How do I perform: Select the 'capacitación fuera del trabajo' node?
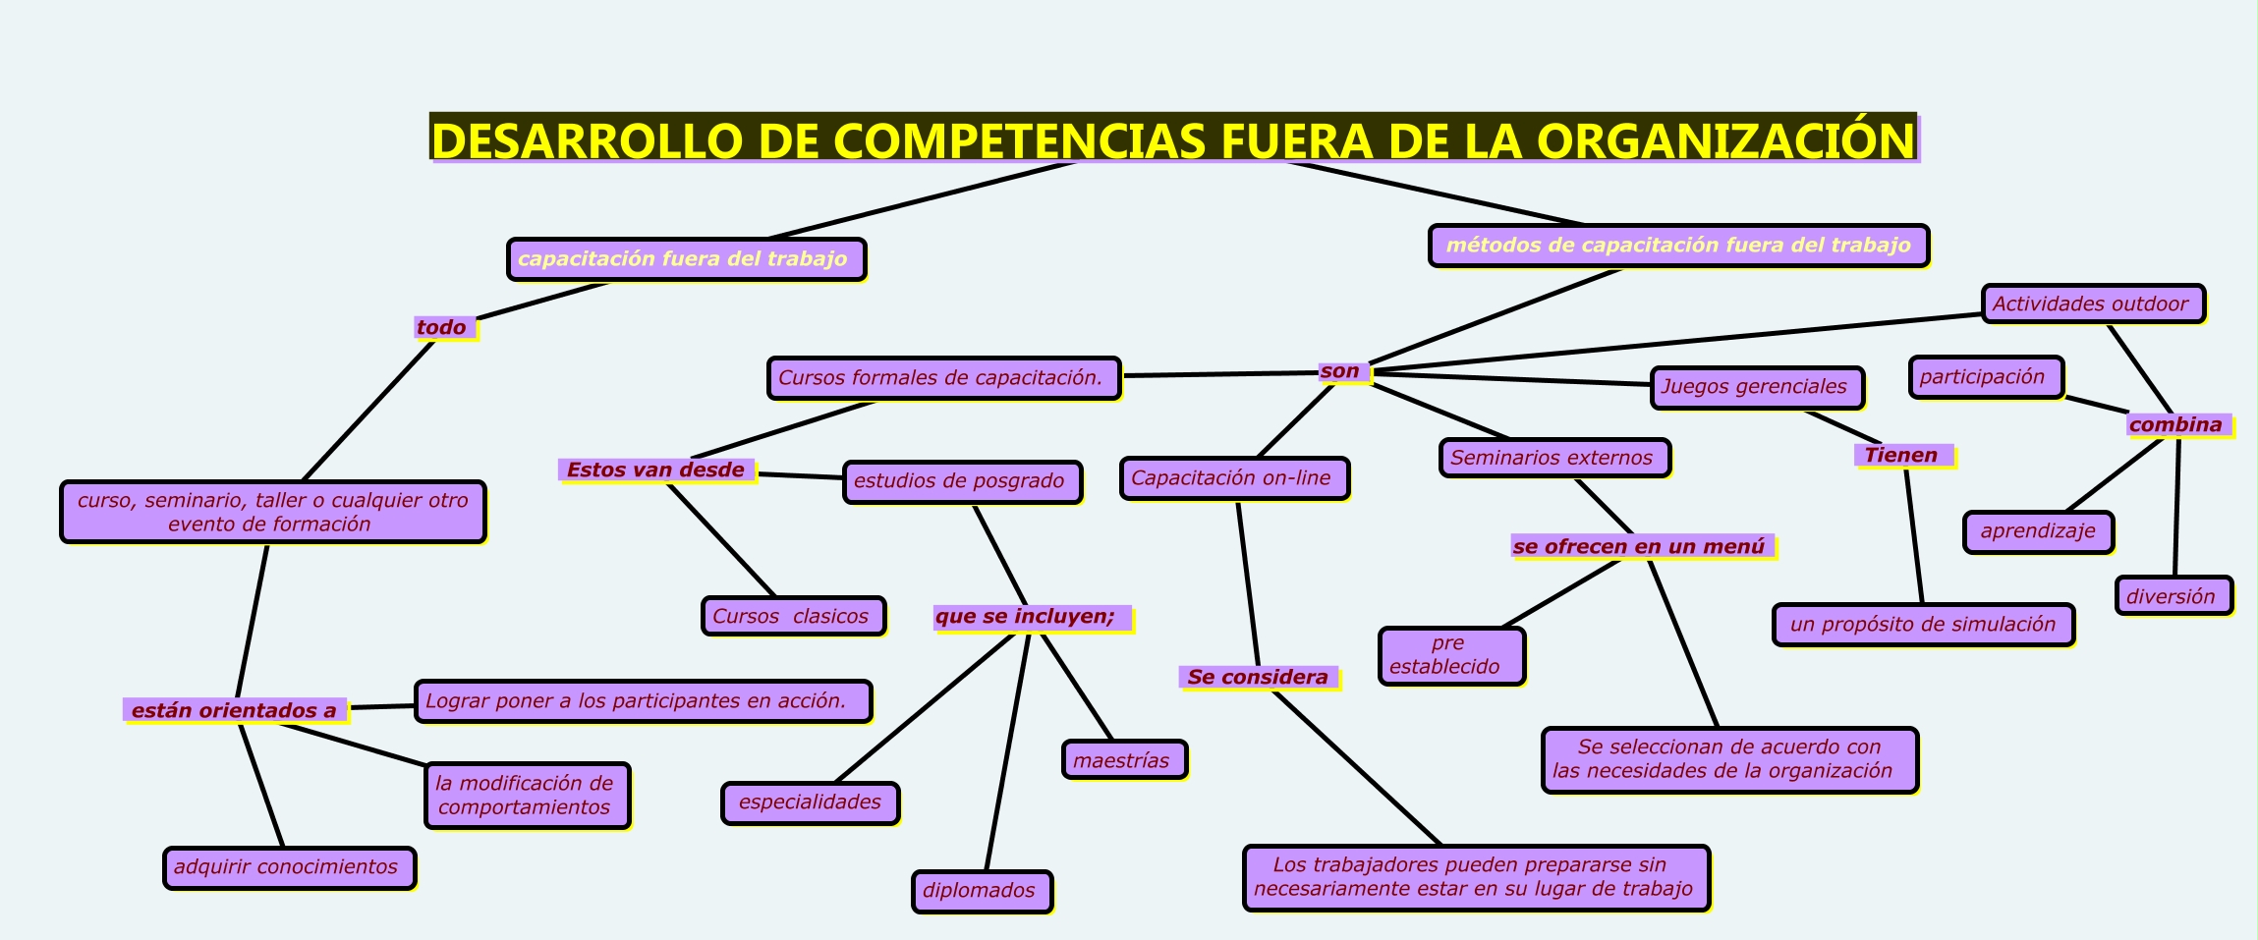[686, 259]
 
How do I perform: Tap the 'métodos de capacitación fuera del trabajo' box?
[1678, 246]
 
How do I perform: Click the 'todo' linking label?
[443, 327]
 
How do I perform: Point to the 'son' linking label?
[1341, 371]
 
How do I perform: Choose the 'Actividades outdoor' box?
[2092, 304]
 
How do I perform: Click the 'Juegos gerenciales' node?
[1756, 387]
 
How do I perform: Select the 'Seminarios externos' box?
[1553, 458]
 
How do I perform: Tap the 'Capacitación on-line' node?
[1233, 478]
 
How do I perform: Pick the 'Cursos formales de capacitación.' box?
[942, 378]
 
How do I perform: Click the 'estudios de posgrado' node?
[961, 481]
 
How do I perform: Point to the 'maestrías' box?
[1123, 760]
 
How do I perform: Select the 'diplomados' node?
[981, 891]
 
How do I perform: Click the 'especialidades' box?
[810, 802]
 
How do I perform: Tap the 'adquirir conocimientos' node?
[288, 867]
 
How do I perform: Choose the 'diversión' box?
[2173, 596]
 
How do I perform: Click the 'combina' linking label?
[2176, 424]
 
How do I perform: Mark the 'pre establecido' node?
[1450, 655]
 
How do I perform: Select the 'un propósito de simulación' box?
[1923, 625]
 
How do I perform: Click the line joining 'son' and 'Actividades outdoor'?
[1670, 344]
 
